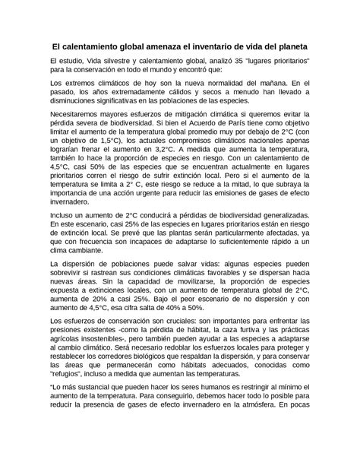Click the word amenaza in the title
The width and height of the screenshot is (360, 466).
click(167, 46)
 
